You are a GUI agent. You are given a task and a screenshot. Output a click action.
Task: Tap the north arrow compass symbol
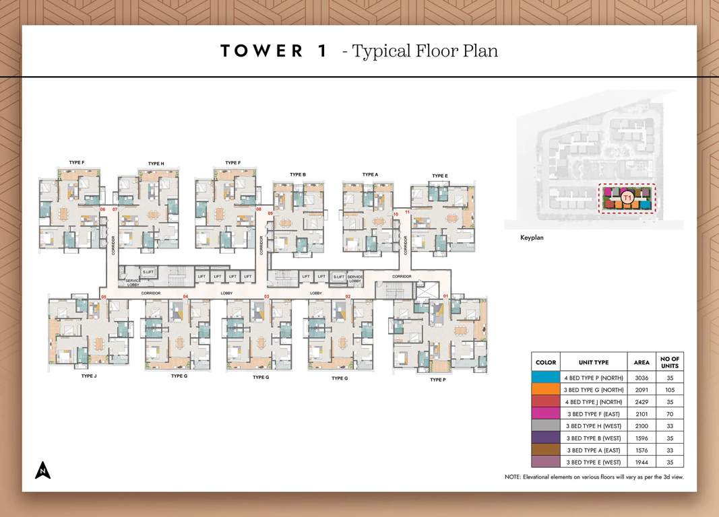click(x=43, y=470)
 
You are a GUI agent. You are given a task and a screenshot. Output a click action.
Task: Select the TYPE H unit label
click(x=156, y=164)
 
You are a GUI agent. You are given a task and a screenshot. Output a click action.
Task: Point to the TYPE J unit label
click(x=89, y=376)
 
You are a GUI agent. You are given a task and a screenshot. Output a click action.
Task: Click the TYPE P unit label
click(x=437, y=380)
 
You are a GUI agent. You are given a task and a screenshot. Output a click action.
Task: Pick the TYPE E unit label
click(x=440, y=176)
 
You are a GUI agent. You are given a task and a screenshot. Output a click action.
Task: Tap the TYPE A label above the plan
click(x=370, y=174)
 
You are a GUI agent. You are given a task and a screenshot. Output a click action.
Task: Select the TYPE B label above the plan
click(x=298, y=174)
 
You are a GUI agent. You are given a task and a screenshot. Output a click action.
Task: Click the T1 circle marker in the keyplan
click(x=627, y=197)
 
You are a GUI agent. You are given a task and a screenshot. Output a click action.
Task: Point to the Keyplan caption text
click(x=532, y=238)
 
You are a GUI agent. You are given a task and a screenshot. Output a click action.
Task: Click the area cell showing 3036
click(x=642, y=378)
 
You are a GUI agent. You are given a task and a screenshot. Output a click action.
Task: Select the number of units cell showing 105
click(x=670, y=390)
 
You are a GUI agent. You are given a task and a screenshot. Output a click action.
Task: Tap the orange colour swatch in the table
click(x=545, y=390)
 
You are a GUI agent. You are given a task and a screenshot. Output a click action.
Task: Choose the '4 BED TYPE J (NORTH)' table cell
click(x=593, y=402)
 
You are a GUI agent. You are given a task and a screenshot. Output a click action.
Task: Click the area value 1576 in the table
click(x=642, y=450)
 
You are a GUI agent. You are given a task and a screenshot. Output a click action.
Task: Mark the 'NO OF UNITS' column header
click(x=670, y=361)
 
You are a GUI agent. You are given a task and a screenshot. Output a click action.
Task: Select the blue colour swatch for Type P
click(x=545, y=378)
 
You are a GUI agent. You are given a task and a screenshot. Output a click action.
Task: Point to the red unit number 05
click(x=104, y=296)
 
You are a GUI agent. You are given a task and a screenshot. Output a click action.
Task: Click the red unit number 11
click(x=407, y=213)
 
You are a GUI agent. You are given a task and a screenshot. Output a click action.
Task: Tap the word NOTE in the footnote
click(x=513, y=477)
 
